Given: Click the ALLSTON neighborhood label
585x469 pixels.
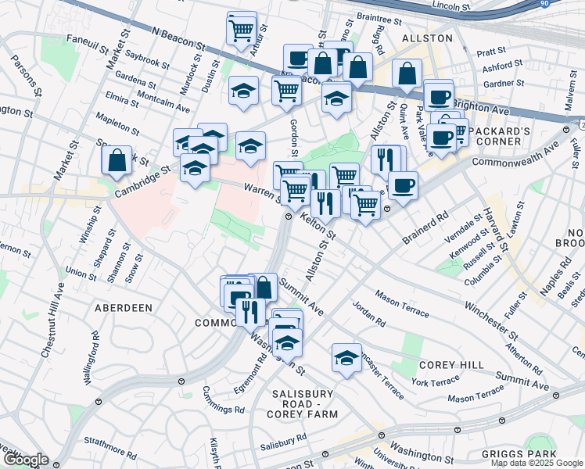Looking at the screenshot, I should pyautogui.click(x=427, y=38).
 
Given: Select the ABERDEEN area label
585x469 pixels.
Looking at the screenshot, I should pyautogui.click(x=123, y=308).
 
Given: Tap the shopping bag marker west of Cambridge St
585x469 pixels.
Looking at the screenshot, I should pyautogui.click(x=117, y=159).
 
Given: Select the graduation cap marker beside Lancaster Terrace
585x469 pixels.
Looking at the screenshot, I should pyautogui.click(x=346, y=357).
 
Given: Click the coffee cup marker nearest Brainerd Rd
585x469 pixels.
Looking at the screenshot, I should pyautogui.click(x=403, y=185).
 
